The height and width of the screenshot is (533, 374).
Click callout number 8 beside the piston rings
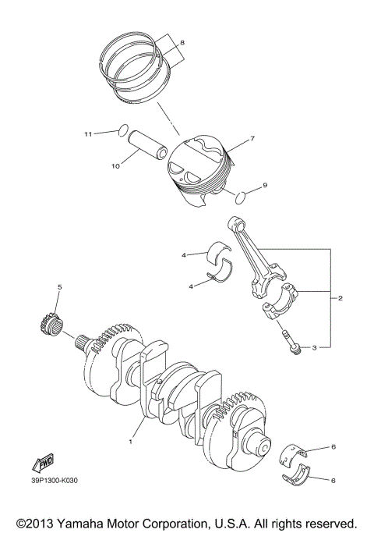[x=182, y=41]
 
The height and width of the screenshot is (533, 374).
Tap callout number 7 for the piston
[x=252, y=140]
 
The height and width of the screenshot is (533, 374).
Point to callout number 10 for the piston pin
[x=115, y=166]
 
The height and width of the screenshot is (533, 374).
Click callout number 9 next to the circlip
[x=264, y=185]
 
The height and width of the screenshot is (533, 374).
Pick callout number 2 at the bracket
[x=340, y=298]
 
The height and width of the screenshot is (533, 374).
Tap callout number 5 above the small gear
[x=58, y=288]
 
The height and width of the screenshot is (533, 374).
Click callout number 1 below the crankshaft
[x=131, y=441]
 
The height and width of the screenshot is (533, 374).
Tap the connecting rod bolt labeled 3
[x=291, y=344]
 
